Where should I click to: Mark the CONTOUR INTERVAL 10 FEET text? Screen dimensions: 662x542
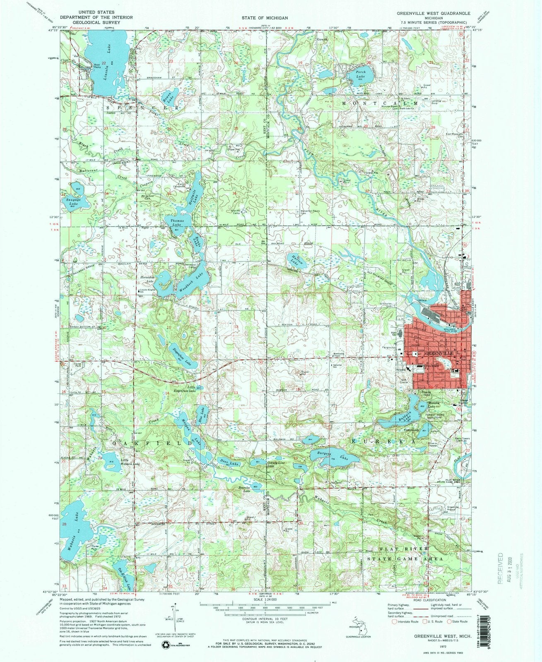pos(265,625)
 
